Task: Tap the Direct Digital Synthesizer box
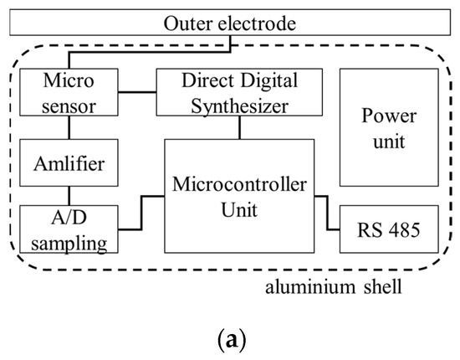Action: pyautogui.click(x=240, y=95)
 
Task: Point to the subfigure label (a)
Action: pyautogui.click(x=229, y=342)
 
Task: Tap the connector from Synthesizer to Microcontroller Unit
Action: pyautogui.click(x=240, y=127)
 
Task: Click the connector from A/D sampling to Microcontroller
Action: pyautogui.click(x=141, y=213)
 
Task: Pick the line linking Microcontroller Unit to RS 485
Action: pyautogui.click(x=327, y=213)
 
